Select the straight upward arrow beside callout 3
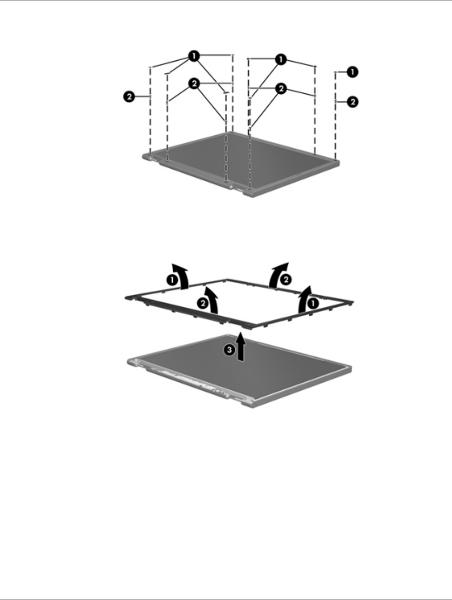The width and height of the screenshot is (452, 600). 241,345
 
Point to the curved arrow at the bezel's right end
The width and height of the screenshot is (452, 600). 306,299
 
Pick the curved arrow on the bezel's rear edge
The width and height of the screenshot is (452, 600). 278,275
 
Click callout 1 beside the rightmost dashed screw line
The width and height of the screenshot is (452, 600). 354,72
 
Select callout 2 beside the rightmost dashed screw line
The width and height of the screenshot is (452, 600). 354,101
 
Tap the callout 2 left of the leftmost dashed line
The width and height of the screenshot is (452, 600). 129,97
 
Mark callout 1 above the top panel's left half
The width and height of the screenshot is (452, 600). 194,56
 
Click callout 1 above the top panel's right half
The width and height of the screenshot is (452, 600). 281,59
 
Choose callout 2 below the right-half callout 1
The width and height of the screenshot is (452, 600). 281,88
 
